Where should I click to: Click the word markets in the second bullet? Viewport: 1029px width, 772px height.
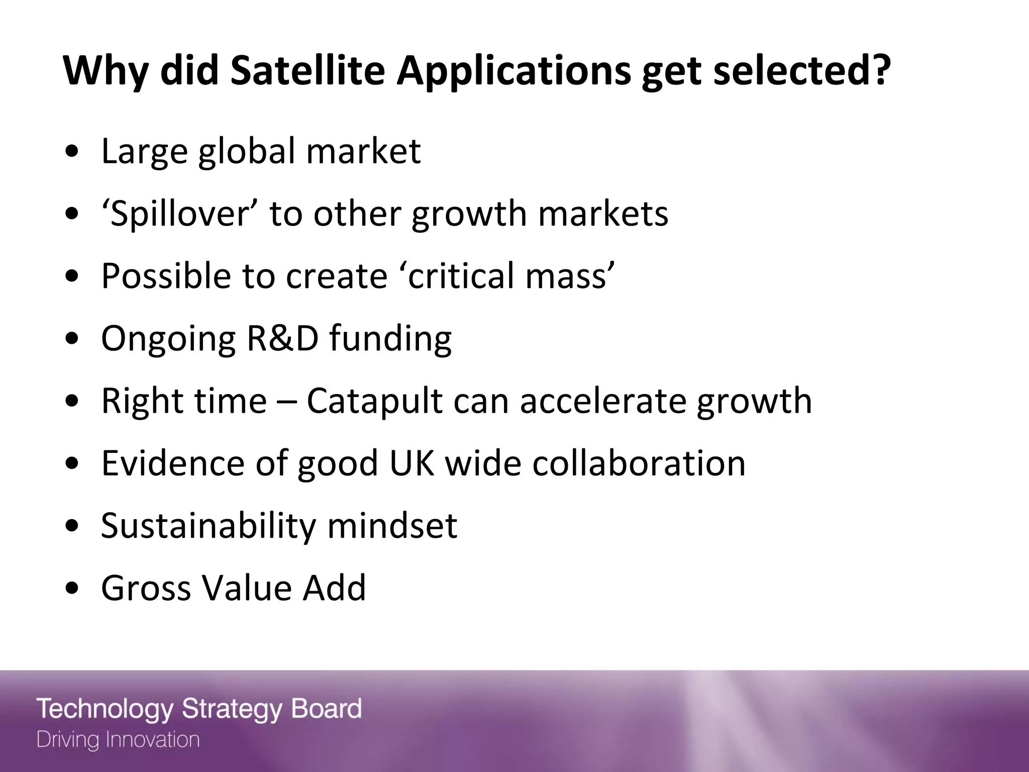(603, 214)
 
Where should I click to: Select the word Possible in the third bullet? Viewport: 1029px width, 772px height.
(166, 276)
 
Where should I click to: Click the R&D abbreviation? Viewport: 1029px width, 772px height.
(282, 338)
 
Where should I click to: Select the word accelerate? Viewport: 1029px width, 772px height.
(603, 402)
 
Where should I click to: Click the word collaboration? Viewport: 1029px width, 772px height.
(639, 463)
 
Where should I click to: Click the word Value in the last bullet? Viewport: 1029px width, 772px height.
(246, 588)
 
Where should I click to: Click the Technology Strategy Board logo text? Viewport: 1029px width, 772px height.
(199, 709)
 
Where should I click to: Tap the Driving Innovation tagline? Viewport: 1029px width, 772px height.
(118, 740)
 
